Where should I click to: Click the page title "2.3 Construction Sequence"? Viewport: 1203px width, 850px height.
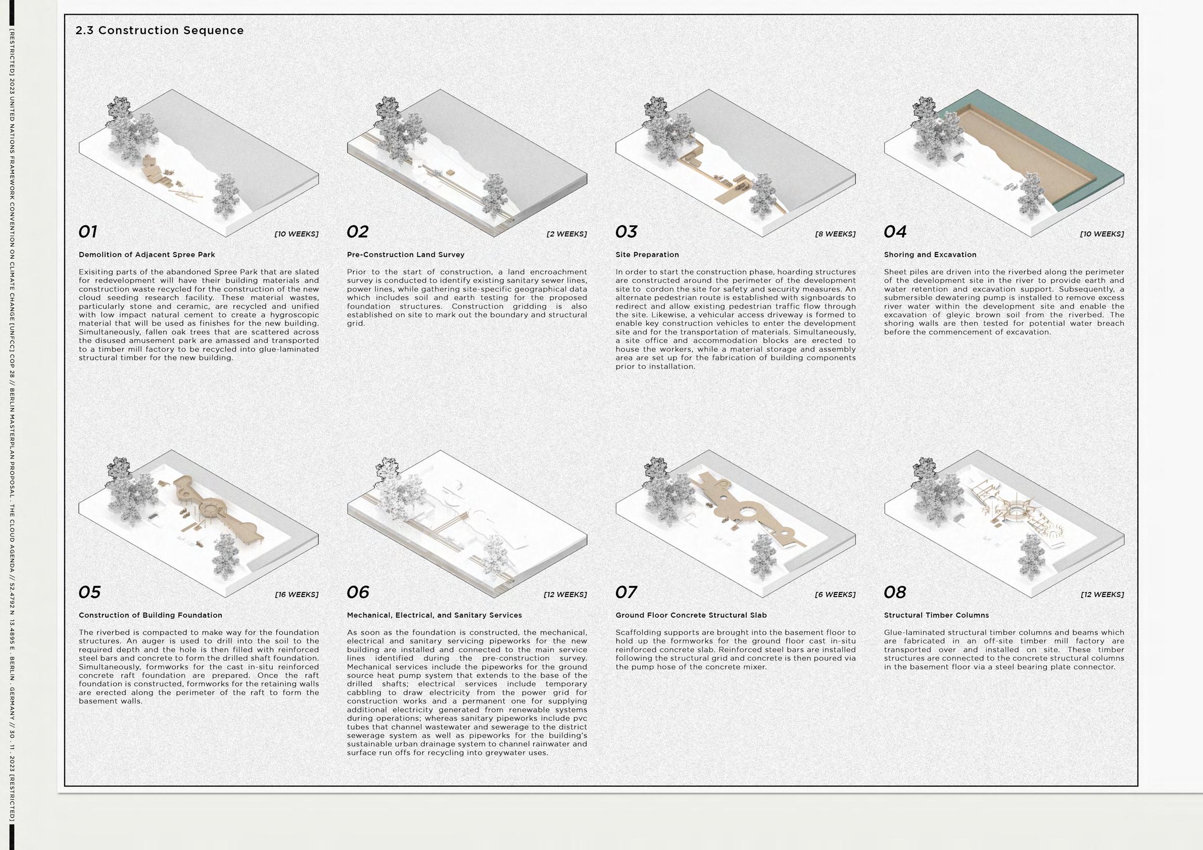coord(160,30)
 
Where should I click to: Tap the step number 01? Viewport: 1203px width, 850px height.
coord(88,231)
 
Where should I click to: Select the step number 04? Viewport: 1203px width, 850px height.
coord(895,231)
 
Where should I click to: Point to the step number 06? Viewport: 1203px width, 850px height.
coord(358,592)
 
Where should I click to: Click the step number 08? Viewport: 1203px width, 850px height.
coord(895,592)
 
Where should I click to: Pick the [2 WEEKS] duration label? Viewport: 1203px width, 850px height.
coord(566,234)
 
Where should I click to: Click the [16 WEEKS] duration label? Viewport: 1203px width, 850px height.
coord(297,595)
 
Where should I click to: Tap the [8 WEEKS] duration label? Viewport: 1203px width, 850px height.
coord(835,234)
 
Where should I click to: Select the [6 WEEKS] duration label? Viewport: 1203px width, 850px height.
coord(835,595)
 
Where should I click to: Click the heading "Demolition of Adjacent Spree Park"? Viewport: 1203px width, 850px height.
coord(147,255)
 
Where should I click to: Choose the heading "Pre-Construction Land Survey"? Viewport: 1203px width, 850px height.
coord(406,255)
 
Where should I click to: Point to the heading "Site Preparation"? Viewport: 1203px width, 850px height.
coord(647,255)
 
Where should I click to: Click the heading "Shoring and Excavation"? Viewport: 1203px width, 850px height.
coord(930,255)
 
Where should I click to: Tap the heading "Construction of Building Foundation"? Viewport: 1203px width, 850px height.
coord(151,615)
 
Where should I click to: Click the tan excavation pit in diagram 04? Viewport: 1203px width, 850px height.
coord(1027,152)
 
